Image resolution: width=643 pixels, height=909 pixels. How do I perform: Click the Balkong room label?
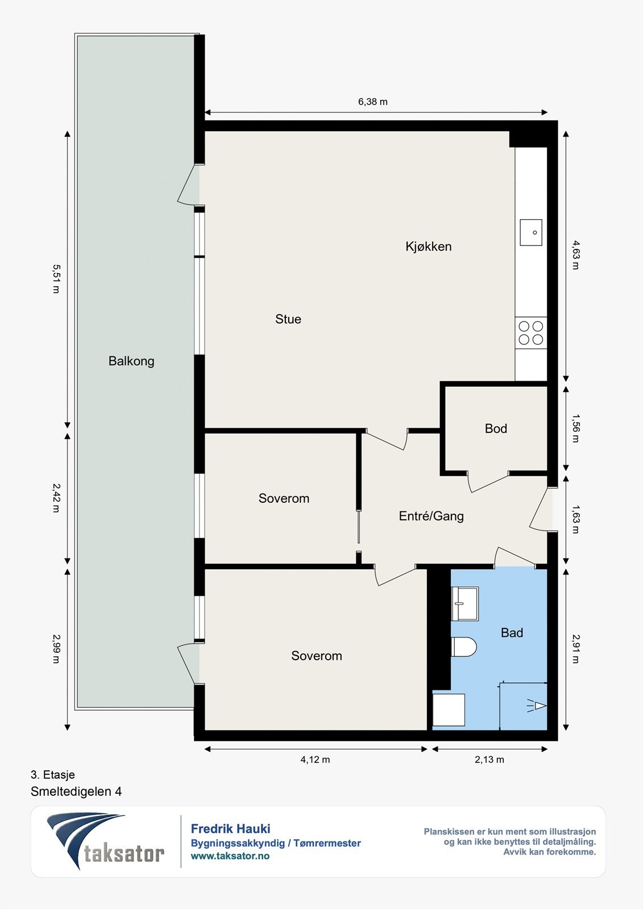point(131,361)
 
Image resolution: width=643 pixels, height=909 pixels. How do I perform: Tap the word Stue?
point(288,319)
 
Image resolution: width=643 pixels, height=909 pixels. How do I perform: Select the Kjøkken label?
point(429,247)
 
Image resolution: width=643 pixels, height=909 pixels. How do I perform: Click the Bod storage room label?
point(496,428)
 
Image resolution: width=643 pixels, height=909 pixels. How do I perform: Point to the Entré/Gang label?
point(432,516)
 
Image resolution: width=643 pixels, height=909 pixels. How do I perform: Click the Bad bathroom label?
point(512,633)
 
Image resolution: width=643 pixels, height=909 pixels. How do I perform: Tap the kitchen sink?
point(532,232)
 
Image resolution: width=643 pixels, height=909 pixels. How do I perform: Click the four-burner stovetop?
point(531,333)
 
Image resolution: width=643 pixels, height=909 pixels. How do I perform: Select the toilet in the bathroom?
point(463,647)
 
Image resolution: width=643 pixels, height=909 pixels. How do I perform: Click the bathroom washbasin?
point(465,603)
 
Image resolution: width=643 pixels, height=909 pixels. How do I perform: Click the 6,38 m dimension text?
point(373,102)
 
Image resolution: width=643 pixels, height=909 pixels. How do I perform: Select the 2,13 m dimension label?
point(489,760)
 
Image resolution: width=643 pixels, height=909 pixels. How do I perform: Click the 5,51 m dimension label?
point(56,278)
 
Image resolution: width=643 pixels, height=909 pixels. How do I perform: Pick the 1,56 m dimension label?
point(575,428)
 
